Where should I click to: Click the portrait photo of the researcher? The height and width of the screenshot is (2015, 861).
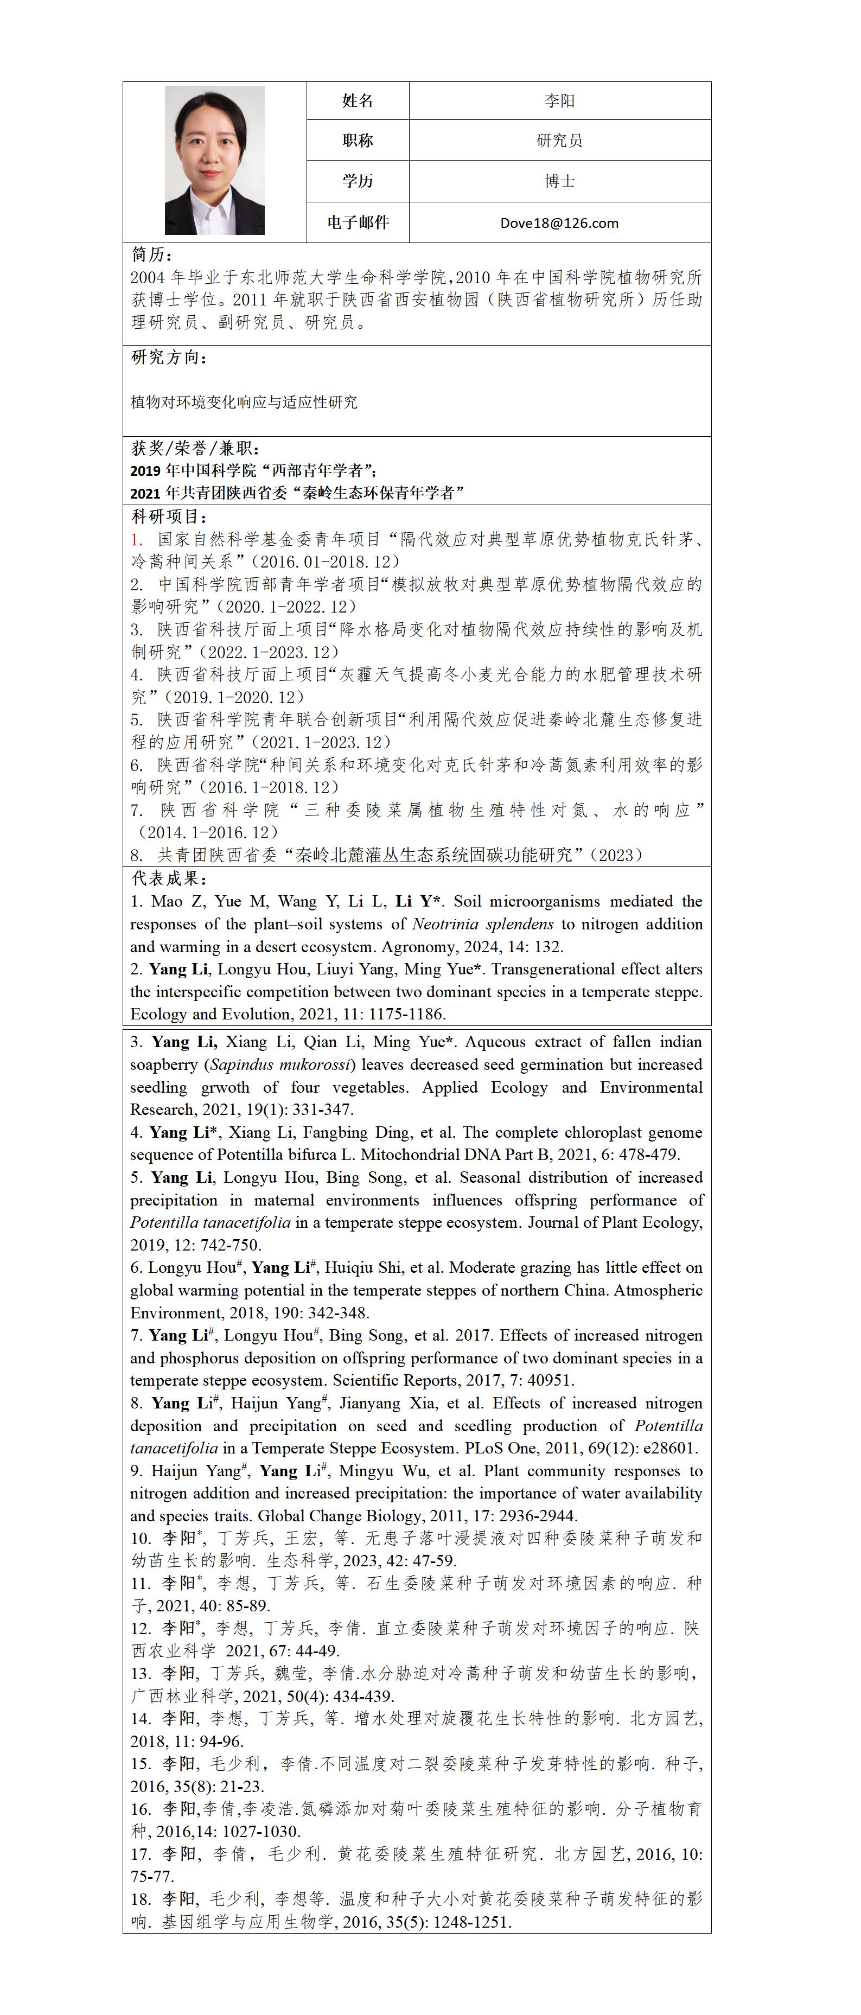coord(214,161)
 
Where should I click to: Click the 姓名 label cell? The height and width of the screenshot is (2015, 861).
coord(358,101)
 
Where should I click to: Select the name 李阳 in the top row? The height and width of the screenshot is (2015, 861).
coord(559,101)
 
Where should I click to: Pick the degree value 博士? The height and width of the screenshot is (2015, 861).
coord(559,181)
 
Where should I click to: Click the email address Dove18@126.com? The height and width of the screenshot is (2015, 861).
coord(559,223)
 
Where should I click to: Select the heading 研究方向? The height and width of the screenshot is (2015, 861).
coord(169,358)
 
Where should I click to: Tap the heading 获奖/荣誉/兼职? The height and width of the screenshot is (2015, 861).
coord(195,448)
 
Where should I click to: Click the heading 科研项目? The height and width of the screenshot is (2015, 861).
coord(169,517)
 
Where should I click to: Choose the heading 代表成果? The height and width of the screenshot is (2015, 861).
coord(169,878)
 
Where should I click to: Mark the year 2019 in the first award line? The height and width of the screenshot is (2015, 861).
coord(145,471)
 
